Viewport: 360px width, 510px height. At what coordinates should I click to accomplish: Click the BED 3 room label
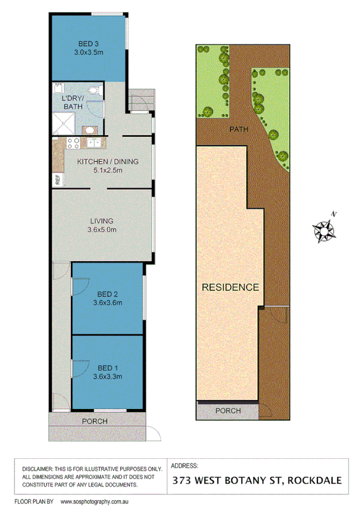(x=88, y=43)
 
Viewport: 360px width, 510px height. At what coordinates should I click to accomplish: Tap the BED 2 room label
(x=108, y=294)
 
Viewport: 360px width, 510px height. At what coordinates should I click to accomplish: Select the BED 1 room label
(x=108, y=367)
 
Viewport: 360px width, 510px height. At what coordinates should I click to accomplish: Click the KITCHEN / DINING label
(x=108, y=162)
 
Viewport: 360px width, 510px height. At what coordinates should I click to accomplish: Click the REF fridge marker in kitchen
(x=58, y=178)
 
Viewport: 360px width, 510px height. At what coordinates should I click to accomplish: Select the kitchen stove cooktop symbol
(x=73, y=143)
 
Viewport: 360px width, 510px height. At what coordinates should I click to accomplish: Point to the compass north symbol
(x=325, y=229)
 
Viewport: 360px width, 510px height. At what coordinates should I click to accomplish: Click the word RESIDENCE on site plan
(x=231, y=287)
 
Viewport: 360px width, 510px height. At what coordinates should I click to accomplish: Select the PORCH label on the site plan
(x=227, y=411)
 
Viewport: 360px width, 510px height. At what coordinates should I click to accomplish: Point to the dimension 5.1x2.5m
(x=108, y=170)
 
